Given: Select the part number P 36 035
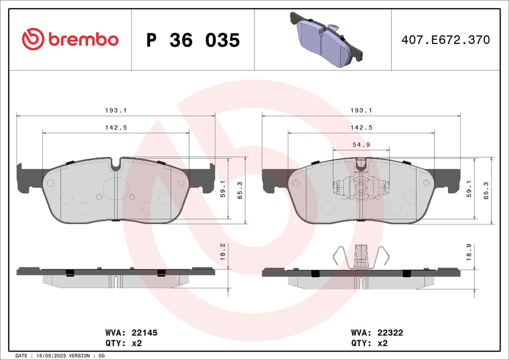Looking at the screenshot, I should [x=193, y=40].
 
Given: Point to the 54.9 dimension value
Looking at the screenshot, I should [x=361, y=145].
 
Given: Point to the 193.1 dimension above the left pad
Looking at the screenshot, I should [x=116, y=110].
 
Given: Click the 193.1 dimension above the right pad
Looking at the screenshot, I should [x=361, y=110].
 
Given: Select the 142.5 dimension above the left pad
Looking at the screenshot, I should [x=116, y=127].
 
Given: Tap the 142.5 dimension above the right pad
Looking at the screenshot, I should [x=361, y=127].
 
